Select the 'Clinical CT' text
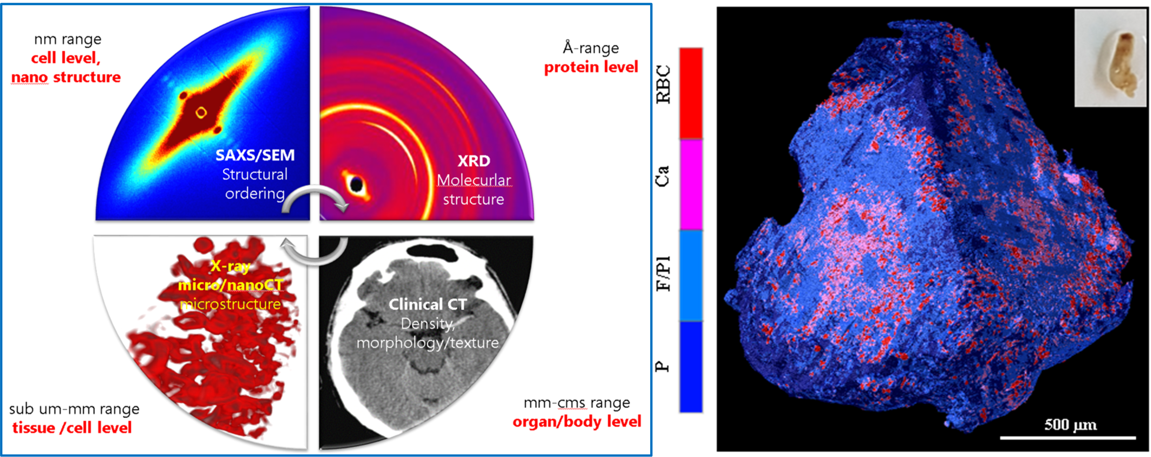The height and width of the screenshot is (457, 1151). pyautogui.click(x=428, y=305)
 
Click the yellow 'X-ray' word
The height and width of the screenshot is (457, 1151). pyautogui.click(x=230, y=266)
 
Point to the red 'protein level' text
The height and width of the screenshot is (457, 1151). pyautogui.click(x=591, y=67)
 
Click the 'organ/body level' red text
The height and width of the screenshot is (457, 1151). pyautogui.click(x=577, y=422)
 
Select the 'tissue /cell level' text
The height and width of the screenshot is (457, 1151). pyautogui.click(x=72, y=428)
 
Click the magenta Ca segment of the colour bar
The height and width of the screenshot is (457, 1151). pyautogui.click(x=691, y=184)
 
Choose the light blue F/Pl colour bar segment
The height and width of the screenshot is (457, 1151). pyautogui.click(x=691, y=275)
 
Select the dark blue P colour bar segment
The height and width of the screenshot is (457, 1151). pyautogui.click(x=691, y=367)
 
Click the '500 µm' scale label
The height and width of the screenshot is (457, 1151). pyautogui.click(x=1070, y=424)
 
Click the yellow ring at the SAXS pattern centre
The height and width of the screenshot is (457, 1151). pyautogui.click(x=201, y=112)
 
